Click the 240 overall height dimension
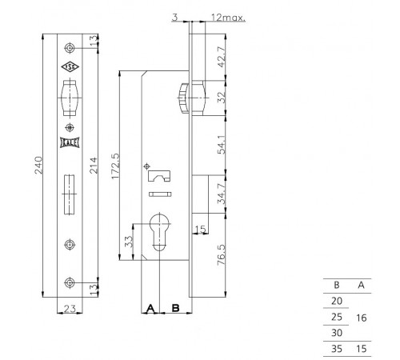point(38,165)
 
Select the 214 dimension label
point(94,166)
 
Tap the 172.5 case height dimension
point(115,166)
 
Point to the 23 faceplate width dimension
point(70,309)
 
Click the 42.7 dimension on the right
point(222,57)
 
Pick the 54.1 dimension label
point(222,145)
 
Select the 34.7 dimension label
point(222,194)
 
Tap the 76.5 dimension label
point(222,254)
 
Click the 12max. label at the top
point(228,18)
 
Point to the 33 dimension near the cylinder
point(129,242)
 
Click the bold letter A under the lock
point(150,308)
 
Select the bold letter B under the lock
point(175,308)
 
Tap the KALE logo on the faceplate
point(70,143)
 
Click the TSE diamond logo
point(70,67)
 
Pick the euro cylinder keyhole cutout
point(159,232)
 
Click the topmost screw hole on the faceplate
point(70,48)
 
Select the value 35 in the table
point(337,349)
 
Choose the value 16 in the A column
point(362,318)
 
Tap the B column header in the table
point(337,285)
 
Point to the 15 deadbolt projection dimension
point(201,229)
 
